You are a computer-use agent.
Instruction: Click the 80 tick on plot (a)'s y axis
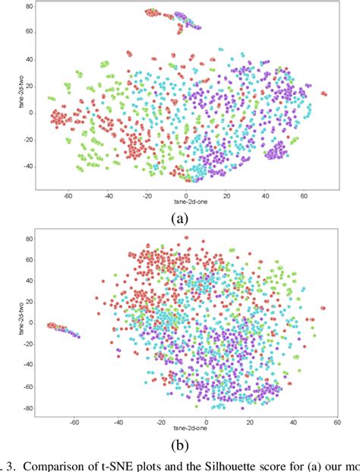[28, 6]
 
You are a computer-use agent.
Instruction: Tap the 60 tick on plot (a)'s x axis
[304, 195]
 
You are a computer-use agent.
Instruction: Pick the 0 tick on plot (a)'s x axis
[186, 195]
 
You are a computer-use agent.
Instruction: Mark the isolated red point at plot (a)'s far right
[324, 94]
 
